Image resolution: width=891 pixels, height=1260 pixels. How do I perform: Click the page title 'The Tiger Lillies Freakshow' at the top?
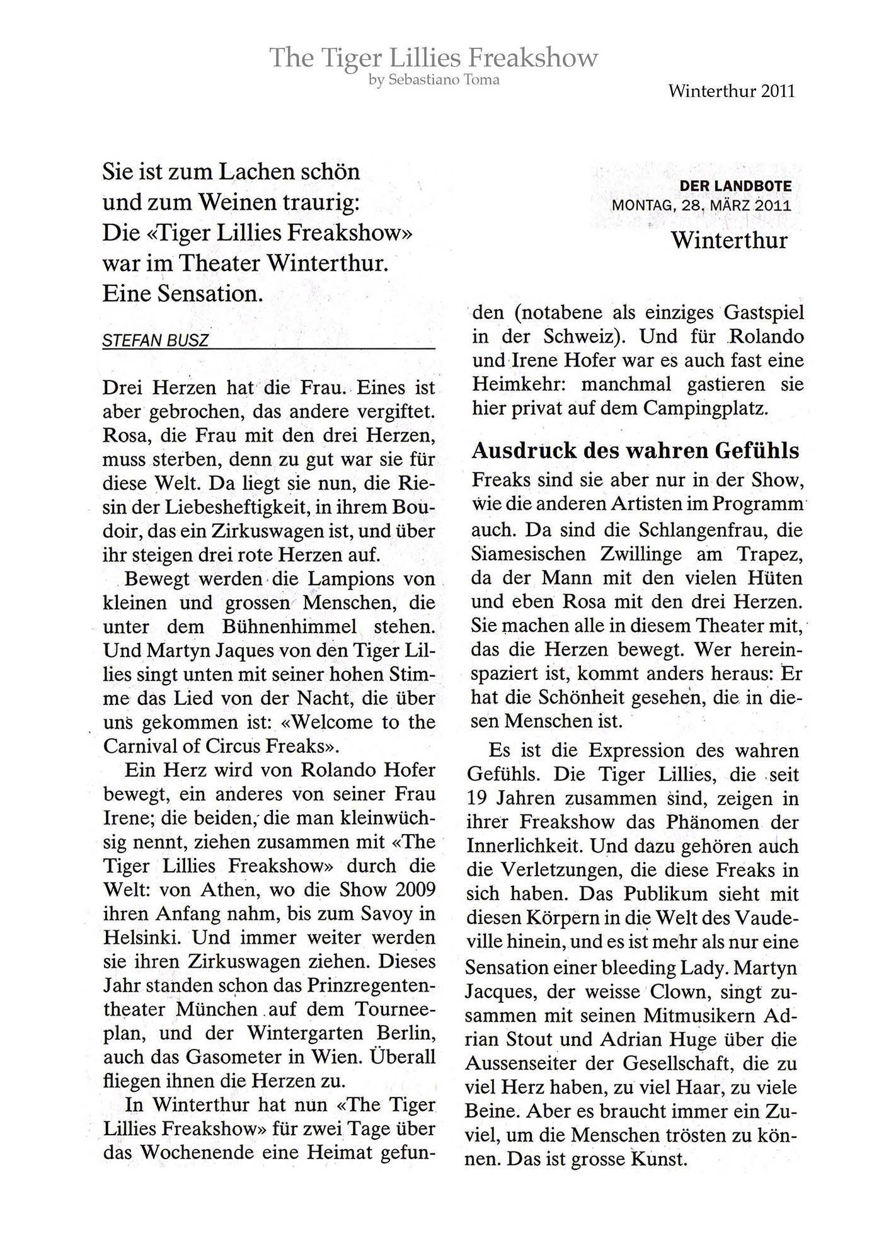click(434, 58)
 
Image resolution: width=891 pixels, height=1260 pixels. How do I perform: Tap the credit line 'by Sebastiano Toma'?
click(434, 80)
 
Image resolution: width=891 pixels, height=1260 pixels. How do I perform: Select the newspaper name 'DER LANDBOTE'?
click(735, 186)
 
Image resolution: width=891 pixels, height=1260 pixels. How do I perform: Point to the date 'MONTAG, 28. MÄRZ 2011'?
click(701, 205)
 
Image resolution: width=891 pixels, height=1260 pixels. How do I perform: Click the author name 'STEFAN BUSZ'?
click(155, 341)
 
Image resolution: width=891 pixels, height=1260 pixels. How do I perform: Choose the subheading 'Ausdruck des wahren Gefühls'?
click(635, 450)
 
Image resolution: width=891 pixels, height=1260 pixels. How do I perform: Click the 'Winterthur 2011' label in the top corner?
click(732, 91)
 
